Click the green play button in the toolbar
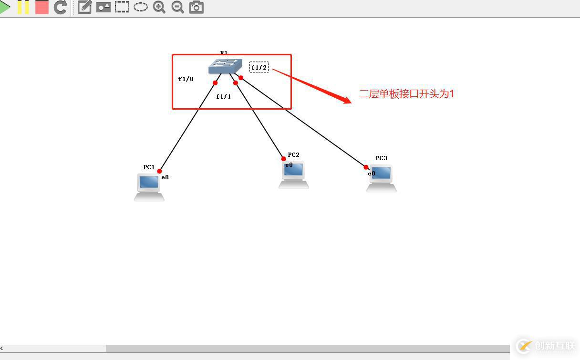5,7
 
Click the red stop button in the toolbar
42,7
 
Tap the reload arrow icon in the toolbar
60,7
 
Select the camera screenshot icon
196,7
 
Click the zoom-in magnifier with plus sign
159,7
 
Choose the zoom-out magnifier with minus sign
177,7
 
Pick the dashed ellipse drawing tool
140,7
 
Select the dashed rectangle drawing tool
122,7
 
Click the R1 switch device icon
225,66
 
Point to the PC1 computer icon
149,186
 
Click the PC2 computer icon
293,174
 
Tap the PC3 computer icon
381,178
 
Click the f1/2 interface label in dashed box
259,67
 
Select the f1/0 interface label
186,79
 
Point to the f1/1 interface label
223,97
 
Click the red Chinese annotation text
406,94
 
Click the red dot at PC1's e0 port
159,171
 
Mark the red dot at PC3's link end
366,167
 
